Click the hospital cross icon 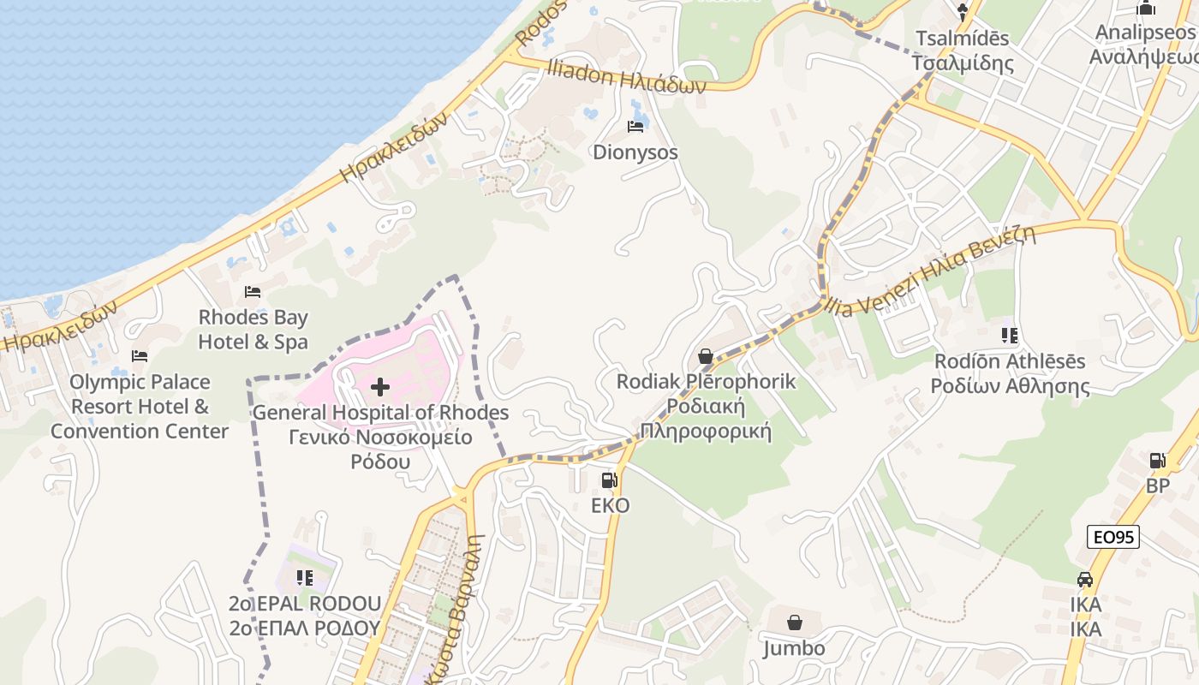coord(379,387)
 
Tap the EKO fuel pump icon coord(610,480)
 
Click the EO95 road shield coord(1113,537)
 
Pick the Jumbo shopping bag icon coord(795,622)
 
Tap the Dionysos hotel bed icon coord(635,128)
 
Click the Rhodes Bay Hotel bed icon coord(253,292)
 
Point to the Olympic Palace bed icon coord(140,356)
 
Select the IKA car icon coord(1085,580)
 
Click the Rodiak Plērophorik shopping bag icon coord(706,356)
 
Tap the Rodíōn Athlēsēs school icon coord(1009,336)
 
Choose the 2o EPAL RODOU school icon coord(304,578)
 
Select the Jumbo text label coord(795,648)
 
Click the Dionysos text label coord(635,152)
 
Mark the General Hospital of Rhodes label coord(380,413)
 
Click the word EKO coord(610,506)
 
